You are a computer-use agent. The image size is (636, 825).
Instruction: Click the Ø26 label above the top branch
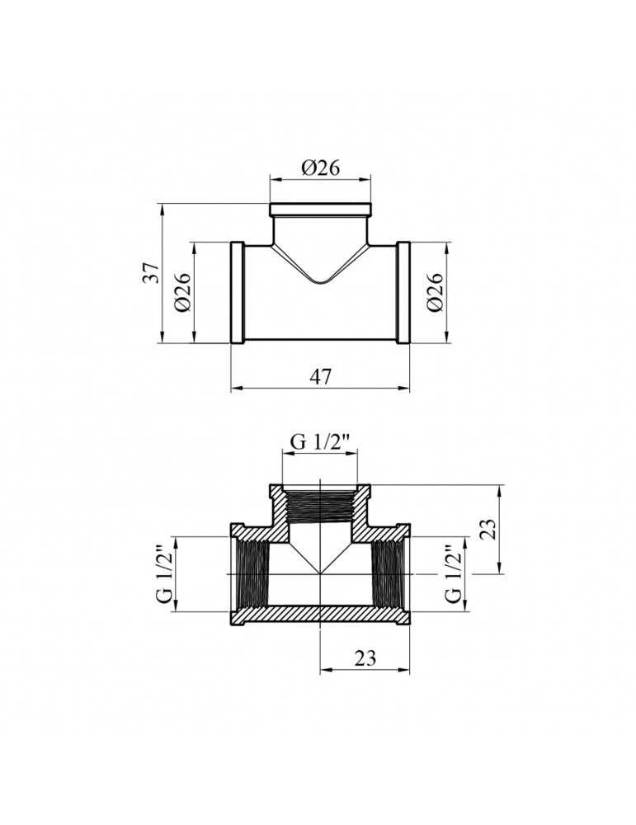321,167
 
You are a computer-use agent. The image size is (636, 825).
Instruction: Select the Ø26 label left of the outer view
183,292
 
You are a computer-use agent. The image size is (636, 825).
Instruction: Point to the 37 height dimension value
151,272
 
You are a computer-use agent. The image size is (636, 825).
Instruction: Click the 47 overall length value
321,376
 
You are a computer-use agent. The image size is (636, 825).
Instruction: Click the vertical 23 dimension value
488,528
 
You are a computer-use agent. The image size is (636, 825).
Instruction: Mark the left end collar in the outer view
237,293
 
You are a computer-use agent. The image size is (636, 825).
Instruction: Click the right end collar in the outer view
404,293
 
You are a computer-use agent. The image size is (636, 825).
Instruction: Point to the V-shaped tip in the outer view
321,283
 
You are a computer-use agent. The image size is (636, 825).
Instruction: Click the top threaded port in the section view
321,506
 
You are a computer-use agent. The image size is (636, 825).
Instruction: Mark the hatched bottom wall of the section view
321,616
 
